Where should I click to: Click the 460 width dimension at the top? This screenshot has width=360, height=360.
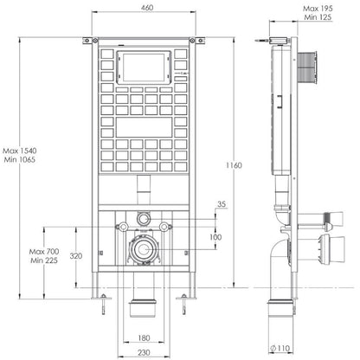(147, 8)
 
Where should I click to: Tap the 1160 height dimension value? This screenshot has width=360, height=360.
(234, 165)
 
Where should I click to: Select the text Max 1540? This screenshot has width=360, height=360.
(20, 151)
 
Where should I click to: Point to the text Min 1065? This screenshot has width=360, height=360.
(20, 159)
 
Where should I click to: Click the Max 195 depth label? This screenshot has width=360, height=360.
(318, 9)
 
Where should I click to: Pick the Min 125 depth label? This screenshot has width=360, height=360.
(318, 17)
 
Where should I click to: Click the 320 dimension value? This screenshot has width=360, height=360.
(76, 256)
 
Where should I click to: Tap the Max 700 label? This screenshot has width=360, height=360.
(44, 252)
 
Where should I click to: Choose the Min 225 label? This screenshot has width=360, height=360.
(44, 260)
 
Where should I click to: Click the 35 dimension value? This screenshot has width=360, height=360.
(222, 204)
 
